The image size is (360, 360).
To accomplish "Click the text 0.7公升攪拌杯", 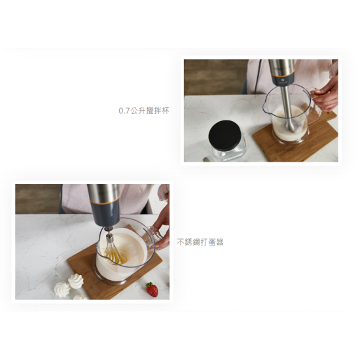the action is coord(144,111).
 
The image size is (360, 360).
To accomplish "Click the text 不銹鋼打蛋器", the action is coord(200,242).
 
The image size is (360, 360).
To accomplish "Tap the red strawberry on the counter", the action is coord(152,289).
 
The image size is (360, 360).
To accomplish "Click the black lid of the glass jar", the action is coord(225,135).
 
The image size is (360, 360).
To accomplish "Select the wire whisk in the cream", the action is coord(115,251).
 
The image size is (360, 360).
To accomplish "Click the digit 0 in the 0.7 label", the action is coord(121,111).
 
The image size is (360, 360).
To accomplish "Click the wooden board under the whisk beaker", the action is coord(115,264).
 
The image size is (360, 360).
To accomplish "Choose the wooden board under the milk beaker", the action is coord(296,137).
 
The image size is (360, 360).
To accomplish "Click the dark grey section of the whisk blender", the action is coord(105,215).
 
